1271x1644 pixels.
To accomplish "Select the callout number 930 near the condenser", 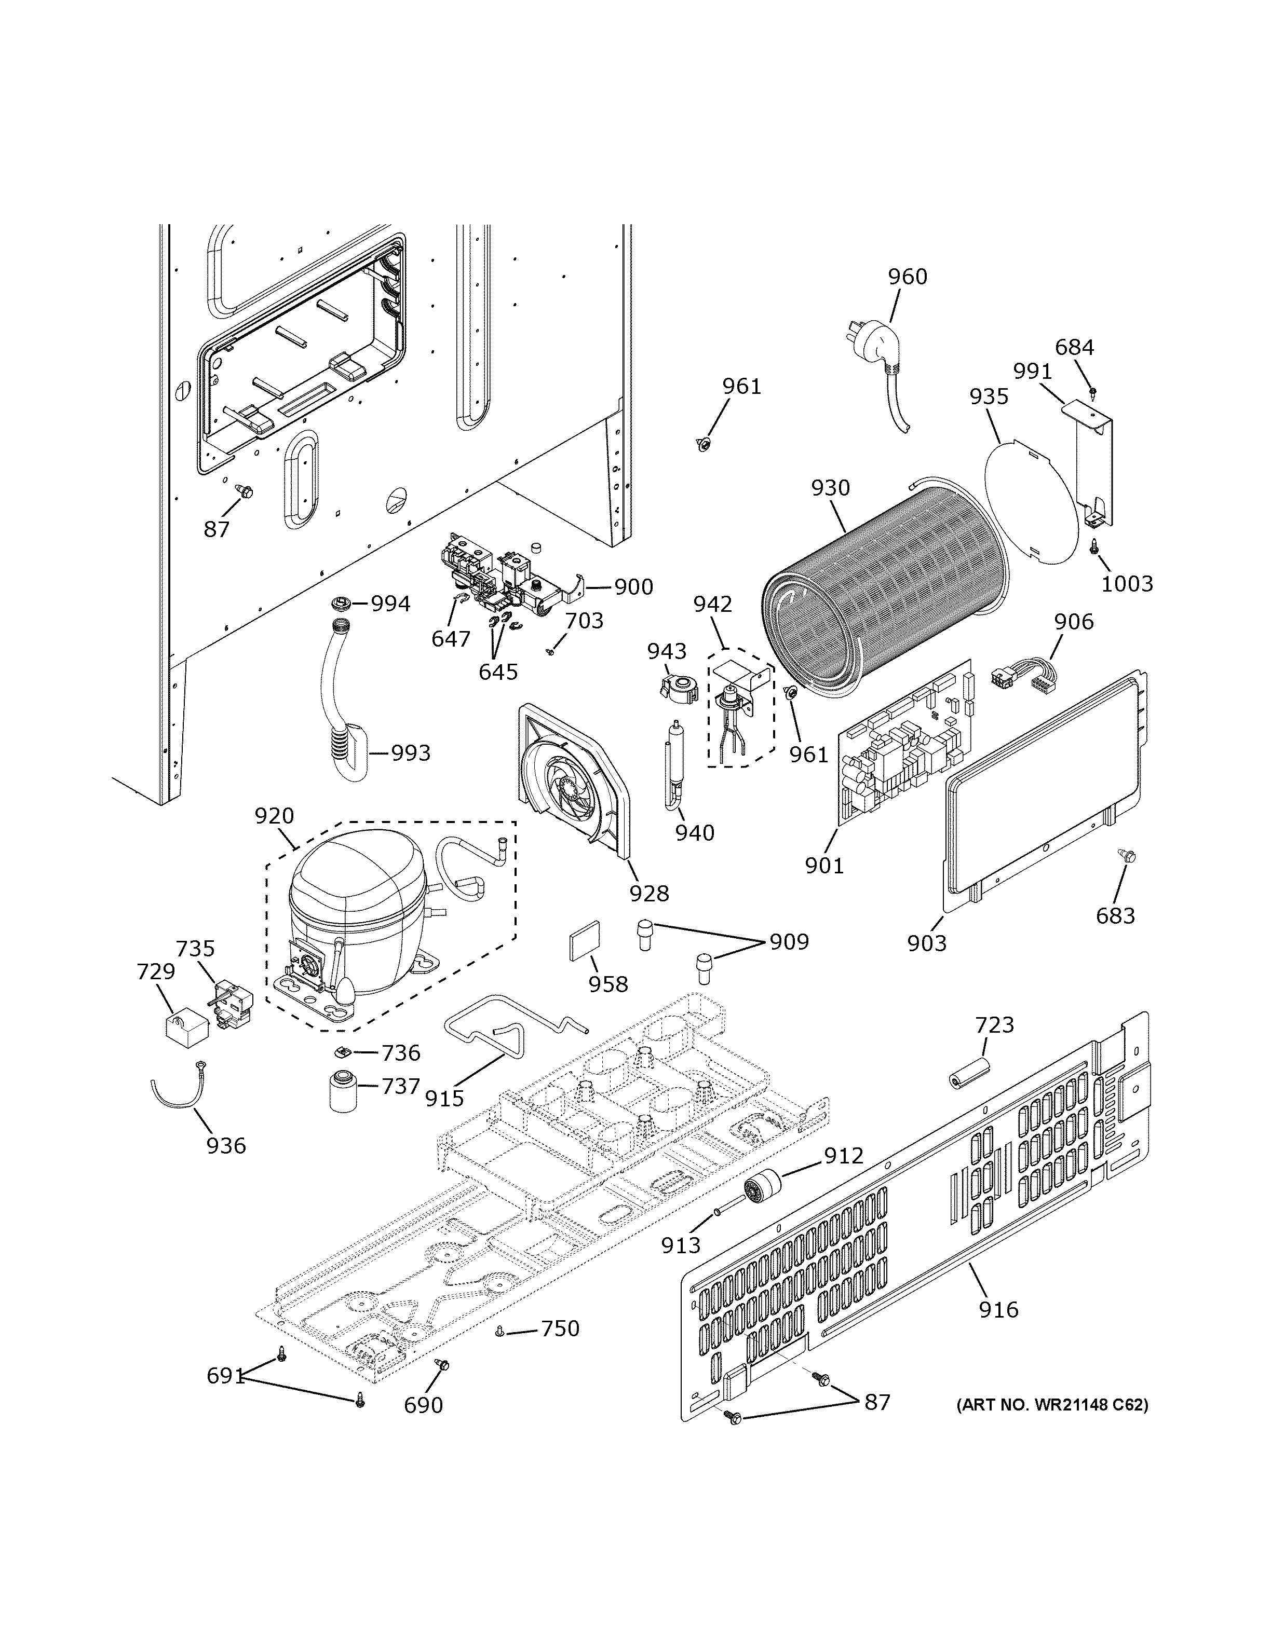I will point(831,488).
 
